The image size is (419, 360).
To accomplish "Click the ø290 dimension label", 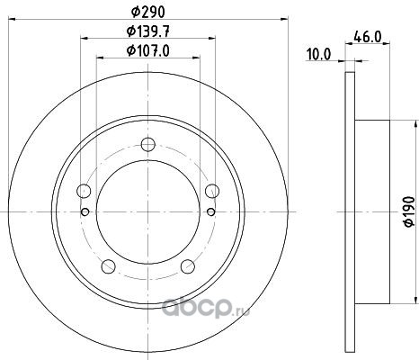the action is (x=148, y=12).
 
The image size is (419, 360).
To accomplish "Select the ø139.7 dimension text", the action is (x=148, y=31).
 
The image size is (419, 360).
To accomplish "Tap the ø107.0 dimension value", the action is (x=148, y=50).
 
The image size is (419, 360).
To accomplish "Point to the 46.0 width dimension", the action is (x=368, y=37).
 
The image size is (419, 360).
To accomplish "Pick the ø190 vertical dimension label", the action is (x=409, y=211).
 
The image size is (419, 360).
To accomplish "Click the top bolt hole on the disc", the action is (x=148, y=144).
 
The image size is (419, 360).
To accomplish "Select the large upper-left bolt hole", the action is (x=84, y=191).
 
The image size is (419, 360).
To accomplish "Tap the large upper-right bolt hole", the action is (x=212, y=191).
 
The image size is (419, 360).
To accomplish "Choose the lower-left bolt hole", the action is (x=109, y=266).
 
